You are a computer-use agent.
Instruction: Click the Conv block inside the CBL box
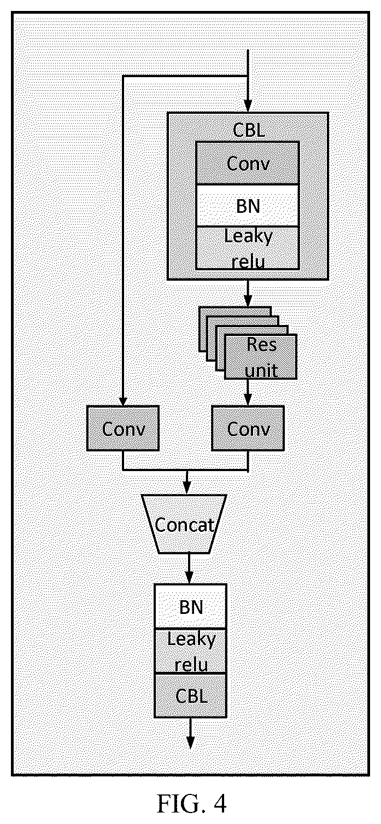(248, 163)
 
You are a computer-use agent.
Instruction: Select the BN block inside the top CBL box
(248, 205)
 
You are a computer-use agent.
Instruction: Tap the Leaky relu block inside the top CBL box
(248, 248)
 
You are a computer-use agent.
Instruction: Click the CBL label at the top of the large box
(249, 130)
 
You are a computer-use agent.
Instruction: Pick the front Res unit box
(261, 357)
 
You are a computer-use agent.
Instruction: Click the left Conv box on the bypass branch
(123, 428)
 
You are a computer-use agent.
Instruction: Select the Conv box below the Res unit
(248, 428)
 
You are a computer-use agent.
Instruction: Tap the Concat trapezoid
(184, 524)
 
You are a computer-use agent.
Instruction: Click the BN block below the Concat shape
(190, 606)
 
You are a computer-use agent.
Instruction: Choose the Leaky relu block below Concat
(190, 651)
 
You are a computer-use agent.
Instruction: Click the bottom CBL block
(190, 695)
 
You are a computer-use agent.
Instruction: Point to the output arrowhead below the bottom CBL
(190, 743)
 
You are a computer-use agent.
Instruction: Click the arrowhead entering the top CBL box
(248, 106)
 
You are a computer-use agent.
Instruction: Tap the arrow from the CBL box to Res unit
(248, 293)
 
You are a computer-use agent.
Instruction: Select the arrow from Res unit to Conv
(248, 392)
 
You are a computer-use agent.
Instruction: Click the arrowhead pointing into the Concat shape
(187, 489)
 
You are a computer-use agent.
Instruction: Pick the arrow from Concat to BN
(189, 568)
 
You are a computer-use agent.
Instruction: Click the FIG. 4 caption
(191, 803)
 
